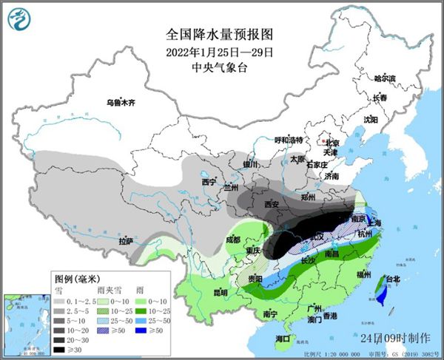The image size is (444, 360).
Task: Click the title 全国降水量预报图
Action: pos(221,35)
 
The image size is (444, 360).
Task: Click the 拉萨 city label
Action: pos(126,241)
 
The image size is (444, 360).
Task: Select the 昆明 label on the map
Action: pos(200,293)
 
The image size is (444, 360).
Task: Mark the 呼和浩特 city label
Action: pos(289,140)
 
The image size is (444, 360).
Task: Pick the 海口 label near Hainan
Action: pos(282,339)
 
